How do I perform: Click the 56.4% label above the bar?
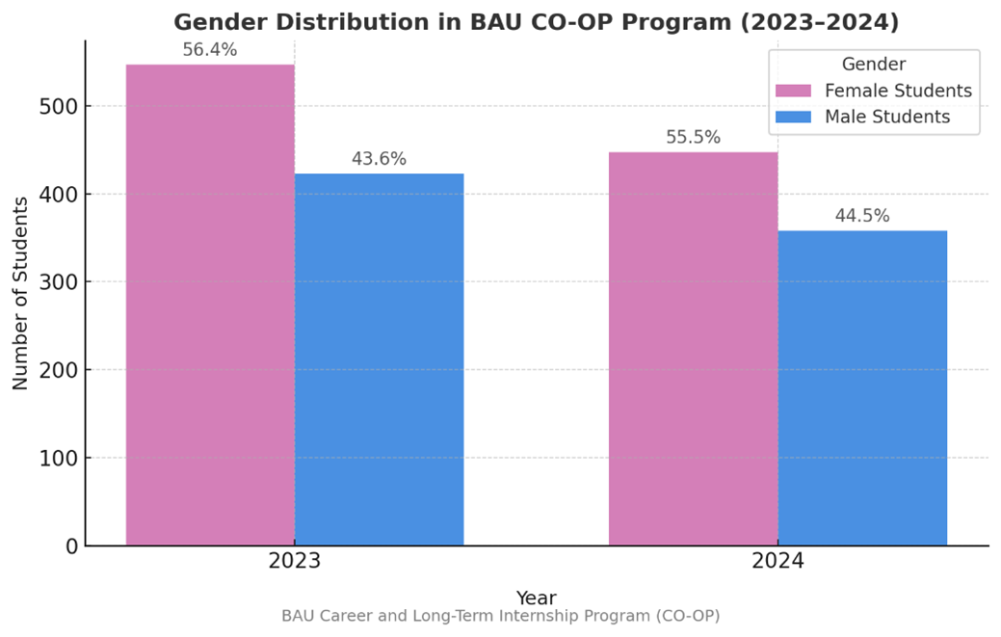210,50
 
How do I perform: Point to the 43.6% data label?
379,159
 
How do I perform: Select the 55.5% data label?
693,138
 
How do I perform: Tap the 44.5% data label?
862,216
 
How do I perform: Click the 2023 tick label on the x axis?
295,562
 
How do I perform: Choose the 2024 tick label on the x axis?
777,562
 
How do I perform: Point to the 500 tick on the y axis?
60,106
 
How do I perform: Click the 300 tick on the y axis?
60,282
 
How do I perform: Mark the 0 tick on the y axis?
70,546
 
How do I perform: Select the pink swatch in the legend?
794,92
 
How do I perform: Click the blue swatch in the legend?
794,118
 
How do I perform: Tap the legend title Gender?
873,65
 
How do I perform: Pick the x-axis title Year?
536,597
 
